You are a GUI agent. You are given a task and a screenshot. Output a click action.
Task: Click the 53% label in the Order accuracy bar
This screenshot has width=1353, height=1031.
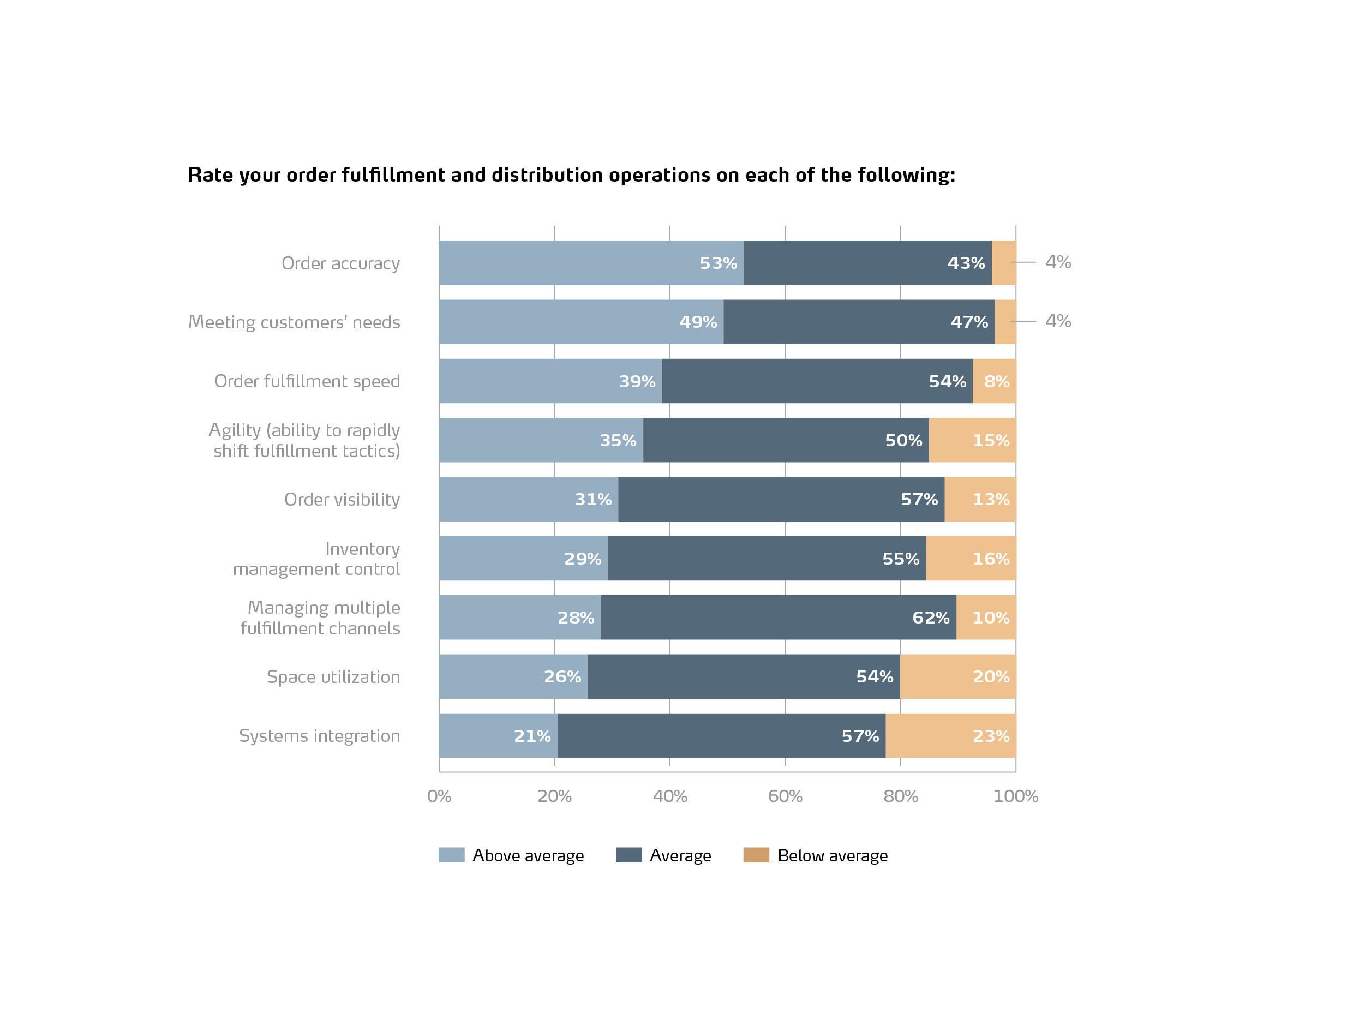tap(718, 263)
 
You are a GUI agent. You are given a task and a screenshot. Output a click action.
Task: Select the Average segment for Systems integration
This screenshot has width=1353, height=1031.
tap(721, 735)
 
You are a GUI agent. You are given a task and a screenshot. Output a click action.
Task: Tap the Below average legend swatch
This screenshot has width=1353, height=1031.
tap(756, 855)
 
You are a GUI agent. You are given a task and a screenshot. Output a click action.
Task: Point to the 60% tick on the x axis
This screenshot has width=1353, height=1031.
tap(785, 796)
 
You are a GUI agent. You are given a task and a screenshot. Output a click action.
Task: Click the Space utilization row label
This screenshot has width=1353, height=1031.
tap(333, 677)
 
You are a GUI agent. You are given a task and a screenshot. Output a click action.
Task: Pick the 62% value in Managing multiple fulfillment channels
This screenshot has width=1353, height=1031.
tap(930, 618)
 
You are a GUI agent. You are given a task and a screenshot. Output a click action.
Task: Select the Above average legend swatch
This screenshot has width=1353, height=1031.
tap(451, 855)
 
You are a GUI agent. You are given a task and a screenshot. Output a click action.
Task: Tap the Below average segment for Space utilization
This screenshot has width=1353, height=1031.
tap(957, 676)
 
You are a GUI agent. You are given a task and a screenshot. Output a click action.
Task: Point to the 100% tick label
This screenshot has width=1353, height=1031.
tap(1015, 796)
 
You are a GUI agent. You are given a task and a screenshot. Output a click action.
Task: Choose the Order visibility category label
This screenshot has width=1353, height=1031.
tap(342, 500)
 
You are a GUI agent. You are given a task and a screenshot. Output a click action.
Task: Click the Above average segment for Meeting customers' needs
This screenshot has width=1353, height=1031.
tap(580, 322)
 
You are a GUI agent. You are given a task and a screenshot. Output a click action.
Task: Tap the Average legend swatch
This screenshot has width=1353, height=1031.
tap(628, 855)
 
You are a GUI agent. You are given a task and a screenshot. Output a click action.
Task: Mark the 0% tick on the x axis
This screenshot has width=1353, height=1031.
tap(439, 796)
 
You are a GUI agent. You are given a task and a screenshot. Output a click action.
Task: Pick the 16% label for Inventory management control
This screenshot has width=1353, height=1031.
tap(990, 559)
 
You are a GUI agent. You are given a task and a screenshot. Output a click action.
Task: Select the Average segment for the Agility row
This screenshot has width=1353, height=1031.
tap(786, 440)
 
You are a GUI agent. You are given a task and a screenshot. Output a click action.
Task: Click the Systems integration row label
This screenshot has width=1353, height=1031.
tap(319, 736)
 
